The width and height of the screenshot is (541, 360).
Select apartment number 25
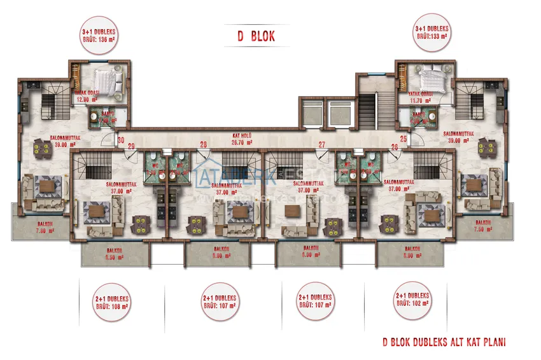(x=404, y=138)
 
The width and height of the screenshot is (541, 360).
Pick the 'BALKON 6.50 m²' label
(x=115, y=253)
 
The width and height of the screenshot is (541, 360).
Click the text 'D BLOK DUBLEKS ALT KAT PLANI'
(x=444, y=342)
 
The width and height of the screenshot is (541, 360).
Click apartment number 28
(x=204, y=144)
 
